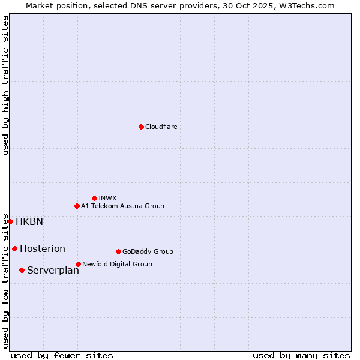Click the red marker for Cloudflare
pos(141,127)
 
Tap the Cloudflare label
pos(161,127)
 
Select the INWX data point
pos(94,198)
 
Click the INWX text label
pos(107,198)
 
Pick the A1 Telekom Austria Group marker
pos(77,206)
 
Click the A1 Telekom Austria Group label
pos(122,206)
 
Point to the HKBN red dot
pos(10,221)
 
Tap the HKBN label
pos(29,221)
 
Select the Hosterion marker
pos(14,248)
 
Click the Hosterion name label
pos(43,248)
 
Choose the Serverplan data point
pos(22,270)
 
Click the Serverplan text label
pos(53,270)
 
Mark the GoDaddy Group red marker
pos(118,251)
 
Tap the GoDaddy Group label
pos(148,251)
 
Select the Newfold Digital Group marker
pos(78,264)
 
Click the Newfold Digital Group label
pos(117,264)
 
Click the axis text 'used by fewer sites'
pos(62,355)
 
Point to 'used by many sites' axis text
pos(301,355)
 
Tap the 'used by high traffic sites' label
pos(5,85)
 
